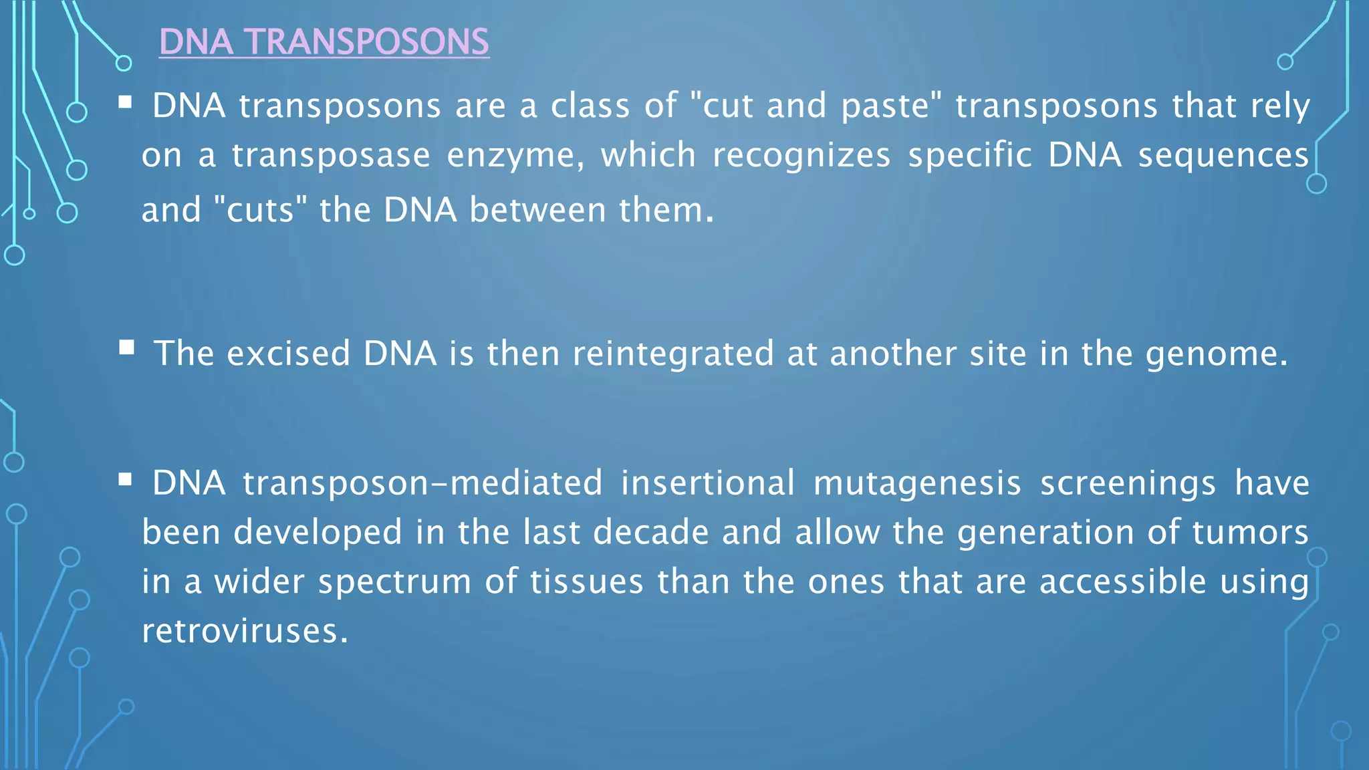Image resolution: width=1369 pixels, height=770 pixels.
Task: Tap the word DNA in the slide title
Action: (x=196, y=42)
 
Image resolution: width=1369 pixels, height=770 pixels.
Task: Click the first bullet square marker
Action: (x=125, y=103)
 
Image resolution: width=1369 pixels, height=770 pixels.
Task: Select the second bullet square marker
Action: (x=126, y=348)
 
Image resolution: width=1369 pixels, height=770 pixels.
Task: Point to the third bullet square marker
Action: (x=125, y=479)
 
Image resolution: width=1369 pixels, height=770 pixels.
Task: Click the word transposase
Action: (x=331, y=156)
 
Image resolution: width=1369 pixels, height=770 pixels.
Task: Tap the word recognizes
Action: (x=801, y=156)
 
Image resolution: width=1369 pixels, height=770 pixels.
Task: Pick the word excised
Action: (x=288, y=354)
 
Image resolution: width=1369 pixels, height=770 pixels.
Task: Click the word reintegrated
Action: (x=673, y=354)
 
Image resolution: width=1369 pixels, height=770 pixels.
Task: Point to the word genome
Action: (x=1216, y=354)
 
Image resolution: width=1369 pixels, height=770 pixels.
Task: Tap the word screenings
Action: (x=1128, y=483)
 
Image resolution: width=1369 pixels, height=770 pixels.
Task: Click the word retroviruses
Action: (x=245, y=631)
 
